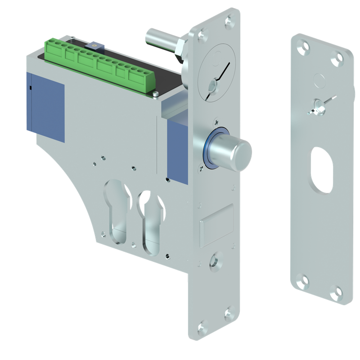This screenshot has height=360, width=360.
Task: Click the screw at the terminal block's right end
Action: pos(155,94)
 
